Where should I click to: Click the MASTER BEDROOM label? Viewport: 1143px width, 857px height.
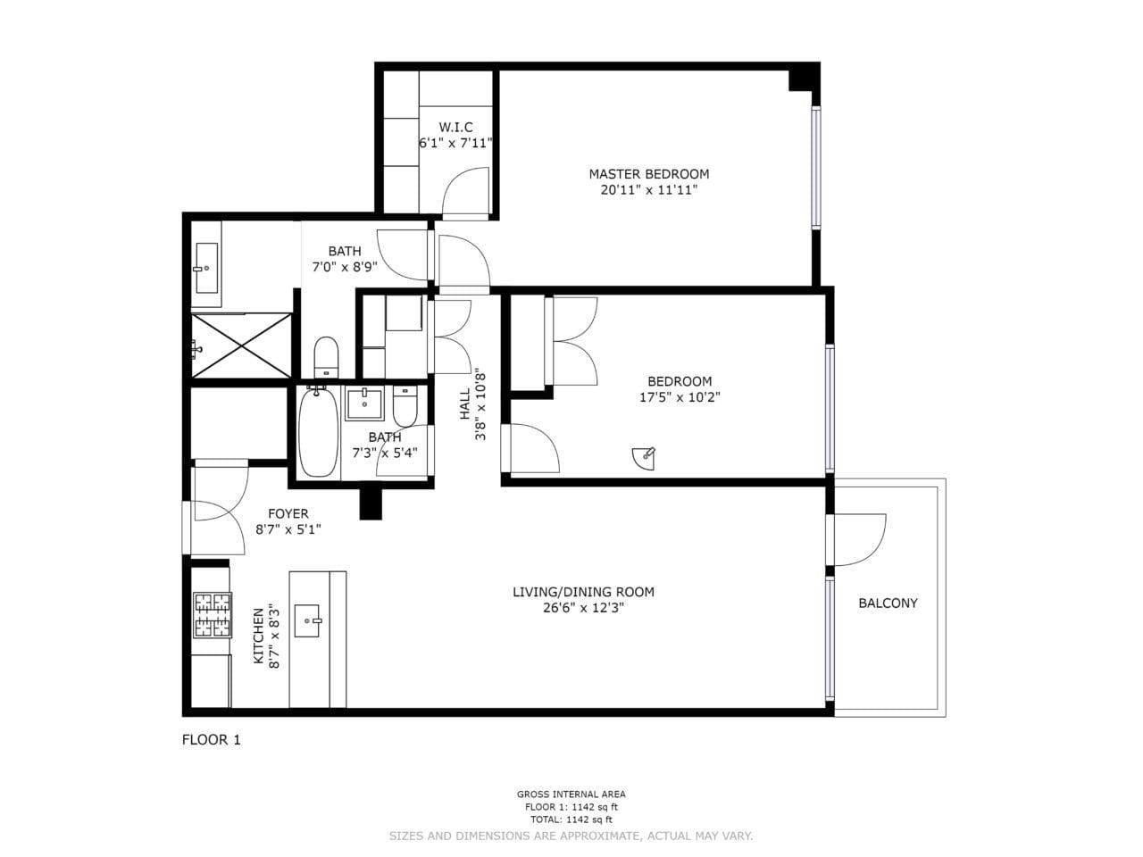pyautogui.click(x=648, y=174)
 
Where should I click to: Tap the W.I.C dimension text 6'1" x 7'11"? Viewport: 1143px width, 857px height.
pyautogui.click(x=455, y=143)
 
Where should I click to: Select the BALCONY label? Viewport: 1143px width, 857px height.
pyautogui.click(x=888, y=603)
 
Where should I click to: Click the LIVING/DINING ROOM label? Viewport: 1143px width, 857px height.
pyautogui.click(x=583, y=592)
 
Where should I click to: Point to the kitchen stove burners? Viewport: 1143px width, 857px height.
pyautogui.click(x=213, y=615)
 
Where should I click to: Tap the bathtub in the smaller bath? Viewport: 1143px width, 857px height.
pyautogui.click(x=317, y=432)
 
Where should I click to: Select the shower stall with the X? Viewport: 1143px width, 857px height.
pyautogui.click(x=242, y=345)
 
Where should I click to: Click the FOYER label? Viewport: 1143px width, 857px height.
pyautogui.click(x=288, y=514)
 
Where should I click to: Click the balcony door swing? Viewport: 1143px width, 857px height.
pyautogui.click(x=857, y=539)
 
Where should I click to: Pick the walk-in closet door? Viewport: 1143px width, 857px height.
pyautogui.click(x=465, y=191)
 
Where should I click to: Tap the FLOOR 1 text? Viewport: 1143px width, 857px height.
pyautogui.click(x=212, y=739)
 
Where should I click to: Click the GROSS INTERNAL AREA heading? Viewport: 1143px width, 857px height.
pyautogui.click(x=571, y=794)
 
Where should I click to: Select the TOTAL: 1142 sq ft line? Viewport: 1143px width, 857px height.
pyautogui.click(x=571, y=820)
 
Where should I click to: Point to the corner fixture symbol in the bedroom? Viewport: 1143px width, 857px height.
pyautogui.click(x=644, y=458)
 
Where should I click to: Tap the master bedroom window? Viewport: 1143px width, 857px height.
pyautogui.click(x=815, y=168)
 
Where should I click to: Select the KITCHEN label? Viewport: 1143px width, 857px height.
pyautogui.click(x=259, y=637)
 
